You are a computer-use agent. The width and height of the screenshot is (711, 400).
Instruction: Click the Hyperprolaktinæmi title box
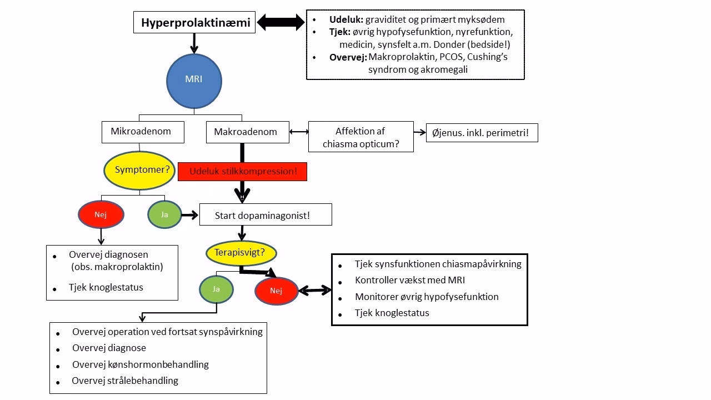click(x=195, y=23)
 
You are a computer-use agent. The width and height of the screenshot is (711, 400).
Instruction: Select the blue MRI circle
click(x=193, y=79)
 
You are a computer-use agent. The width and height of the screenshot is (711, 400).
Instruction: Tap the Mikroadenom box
click(x=143, y=132)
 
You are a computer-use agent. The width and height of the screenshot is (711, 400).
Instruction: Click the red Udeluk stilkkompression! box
click(x=242, y=172)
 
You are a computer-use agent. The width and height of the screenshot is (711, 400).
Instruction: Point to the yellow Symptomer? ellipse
click(x=142, y=170)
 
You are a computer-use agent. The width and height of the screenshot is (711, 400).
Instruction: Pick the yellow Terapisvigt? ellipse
click(x=241, y=253)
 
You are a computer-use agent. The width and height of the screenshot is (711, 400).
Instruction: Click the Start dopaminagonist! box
click(x=266, y=214)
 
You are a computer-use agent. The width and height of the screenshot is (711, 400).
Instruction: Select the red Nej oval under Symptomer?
click(x=101, y=214)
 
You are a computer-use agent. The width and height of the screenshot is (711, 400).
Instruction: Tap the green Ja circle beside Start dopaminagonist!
click(x=164, y=214)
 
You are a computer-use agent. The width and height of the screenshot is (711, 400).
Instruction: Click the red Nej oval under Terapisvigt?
click(x=276, y=291)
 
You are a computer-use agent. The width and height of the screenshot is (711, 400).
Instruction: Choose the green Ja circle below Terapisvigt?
click(x=216, y=289)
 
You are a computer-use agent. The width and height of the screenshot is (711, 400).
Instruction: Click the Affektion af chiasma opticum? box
click(x=360, y=137)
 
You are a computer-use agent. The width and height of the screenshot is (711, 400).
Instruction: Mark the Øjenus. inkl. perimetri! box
click(x=482, y=133)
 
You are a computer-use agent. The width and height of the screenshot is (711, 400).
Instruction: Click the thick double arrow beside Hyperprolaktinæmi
click(x=281, y=23)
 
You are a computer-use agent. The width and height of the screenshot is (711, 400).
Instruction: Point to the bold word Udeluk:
click(x=346, y=19)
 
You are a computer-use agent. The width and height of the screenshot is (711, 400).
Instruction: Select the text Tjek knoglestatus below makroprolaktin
click(x=106, y=287)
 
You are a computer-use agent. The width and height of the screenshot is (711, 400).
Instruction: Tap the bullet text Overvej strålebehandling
click(x=125, y=381)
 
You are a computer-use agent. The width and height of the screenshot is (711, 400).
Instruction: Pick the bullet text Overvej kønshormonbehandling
click(x=140, y=364)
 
